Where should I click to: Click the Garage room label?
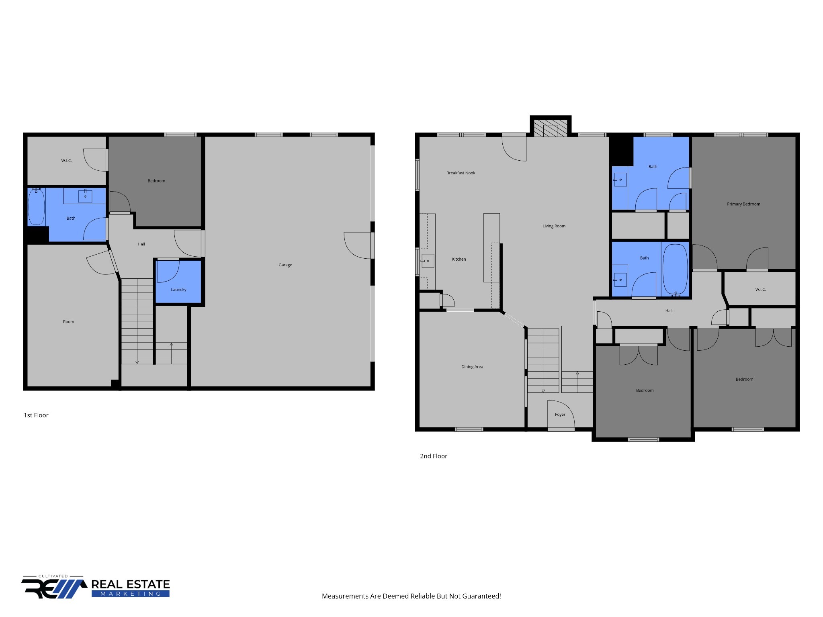pyautogui.click(x=285, y=265)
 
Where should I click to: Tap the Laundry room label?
pyautogui.click(x=178, y=290)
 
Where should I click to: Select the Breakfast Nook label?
pyautogui.click(x=461, y=173)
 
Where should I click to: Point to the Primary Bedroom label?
pyautogui.click(x=743, y=204)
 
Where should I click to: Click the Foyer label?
pyautogui.click(x=560, y=415)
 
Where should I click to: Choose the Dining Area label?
pyautogui.click(x=472, y=367)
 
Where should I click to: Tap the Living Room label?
pyautogui.click(x=554, y=226)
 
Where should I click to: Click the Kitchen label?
pyautogui.click(x=459, y=259)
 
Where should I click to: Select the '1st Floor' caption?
pyautogui.click(x=36, y=415)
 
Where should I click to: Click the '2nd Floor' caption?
pyautogui.click(x=434, y=456)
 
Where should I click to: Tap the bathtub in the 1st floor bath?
pyautogui.click(x=36, y=207)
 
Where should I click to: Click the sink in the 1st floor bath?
pyautogui.click(x=85, y=196)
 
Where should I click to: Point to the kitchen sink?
pyautogui.click(x=428, y=261)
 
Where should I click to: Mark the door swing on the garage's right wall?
pyautogui.click(x=357, y=245)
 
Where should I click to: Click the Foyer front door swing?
pyautogui.click(x=561, y=414)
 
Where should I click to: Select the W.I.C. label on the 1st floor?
pyautogui.click(x=66, y=161)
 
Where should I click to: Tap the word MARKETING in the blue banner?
pyautogui.click(x=131, y=593)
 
